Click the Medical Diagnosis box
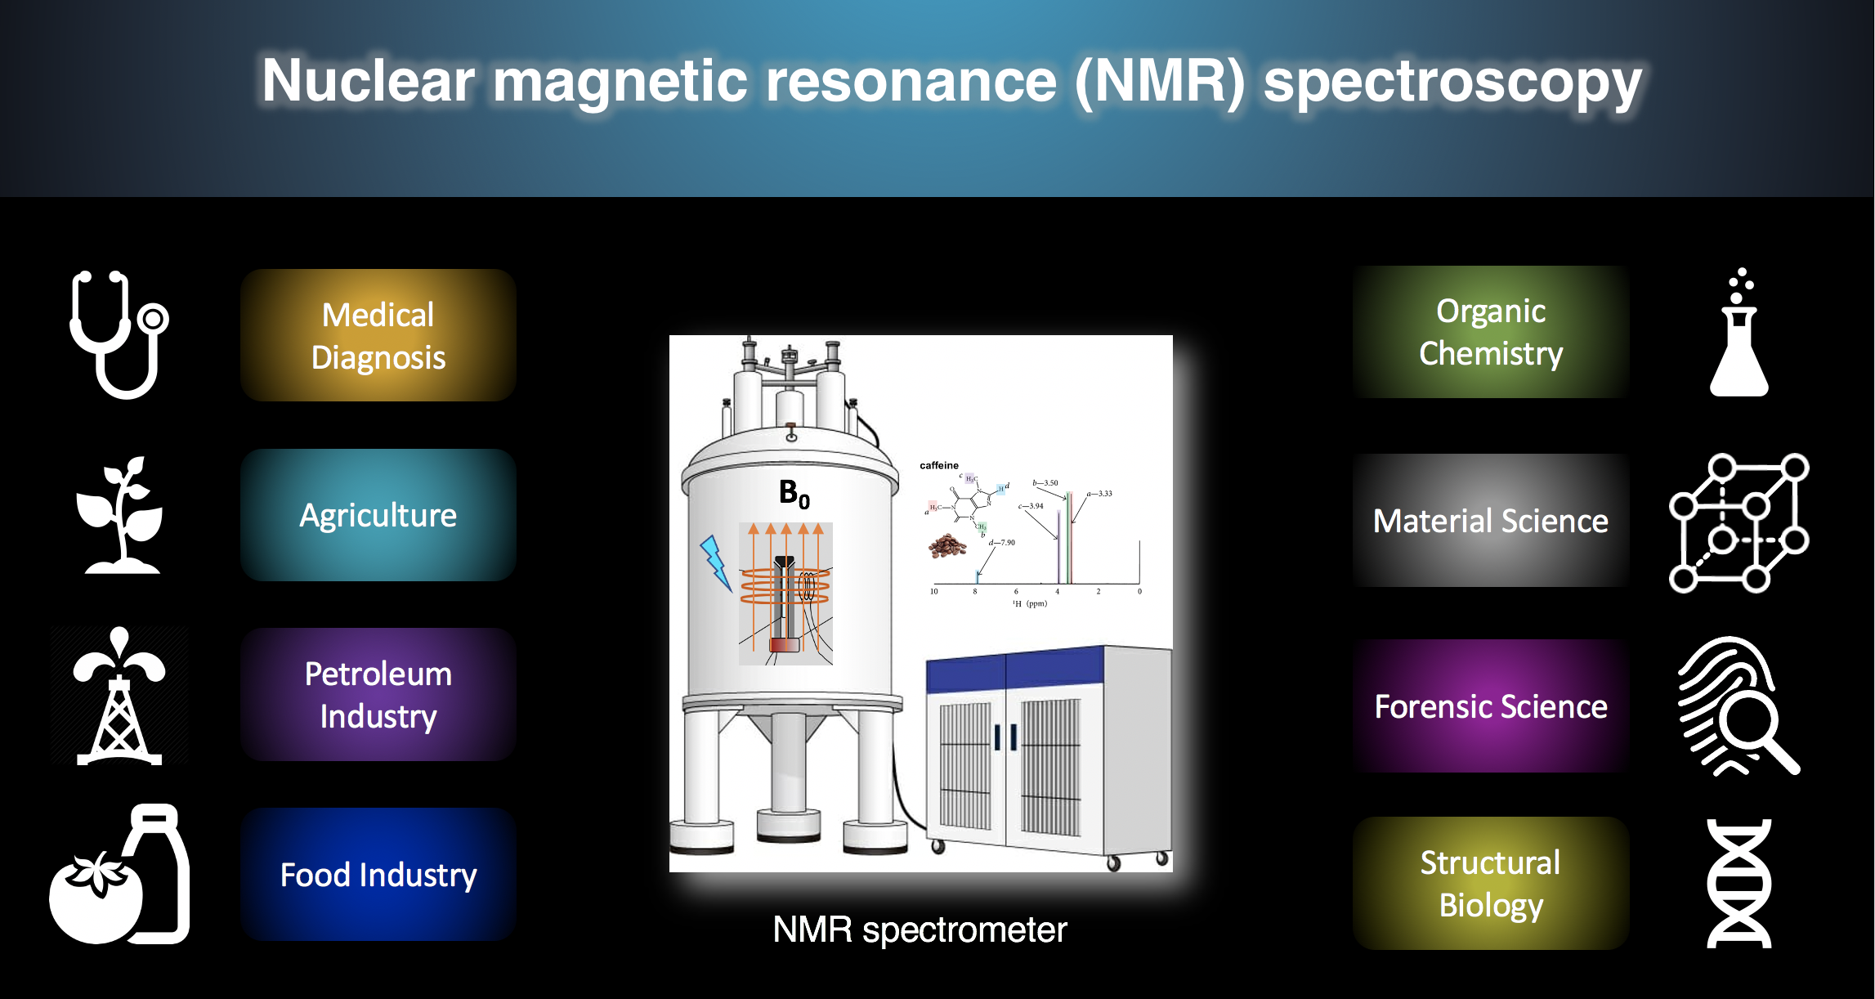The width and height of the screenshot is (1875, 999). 378,335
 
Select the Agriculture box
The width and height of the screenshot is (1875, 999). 378,515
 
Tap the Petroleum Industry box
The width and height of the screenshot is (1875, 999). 378,695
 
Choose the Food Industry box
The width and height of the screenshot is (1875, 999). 378,875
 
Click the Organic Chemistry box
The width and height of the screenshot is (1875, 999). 1490,332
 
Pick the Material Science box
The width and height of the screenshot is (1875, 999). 1490,521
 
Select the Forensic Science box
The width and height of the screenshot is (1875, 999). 1490,706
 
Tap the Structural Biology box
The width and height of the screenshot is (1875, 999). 1490,884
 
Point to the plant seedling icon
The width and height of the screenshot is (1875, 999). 121,515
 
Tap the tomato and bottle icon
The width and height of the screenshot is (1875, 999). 119,875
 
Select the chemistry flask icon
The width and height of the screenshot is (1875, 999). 1739,335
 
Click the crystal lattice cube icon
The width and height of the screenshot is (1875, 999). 1739,522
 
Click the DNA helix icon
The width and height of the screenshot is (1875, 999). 1739,884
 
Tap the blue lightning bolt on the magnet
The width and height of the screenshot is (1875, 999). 715,562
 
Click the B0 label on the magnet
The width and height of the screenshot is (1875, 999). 794,494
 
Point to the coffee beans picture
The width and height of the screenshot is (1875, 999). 947,545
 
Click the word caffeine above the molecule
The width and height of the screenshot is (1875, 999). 939,465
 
